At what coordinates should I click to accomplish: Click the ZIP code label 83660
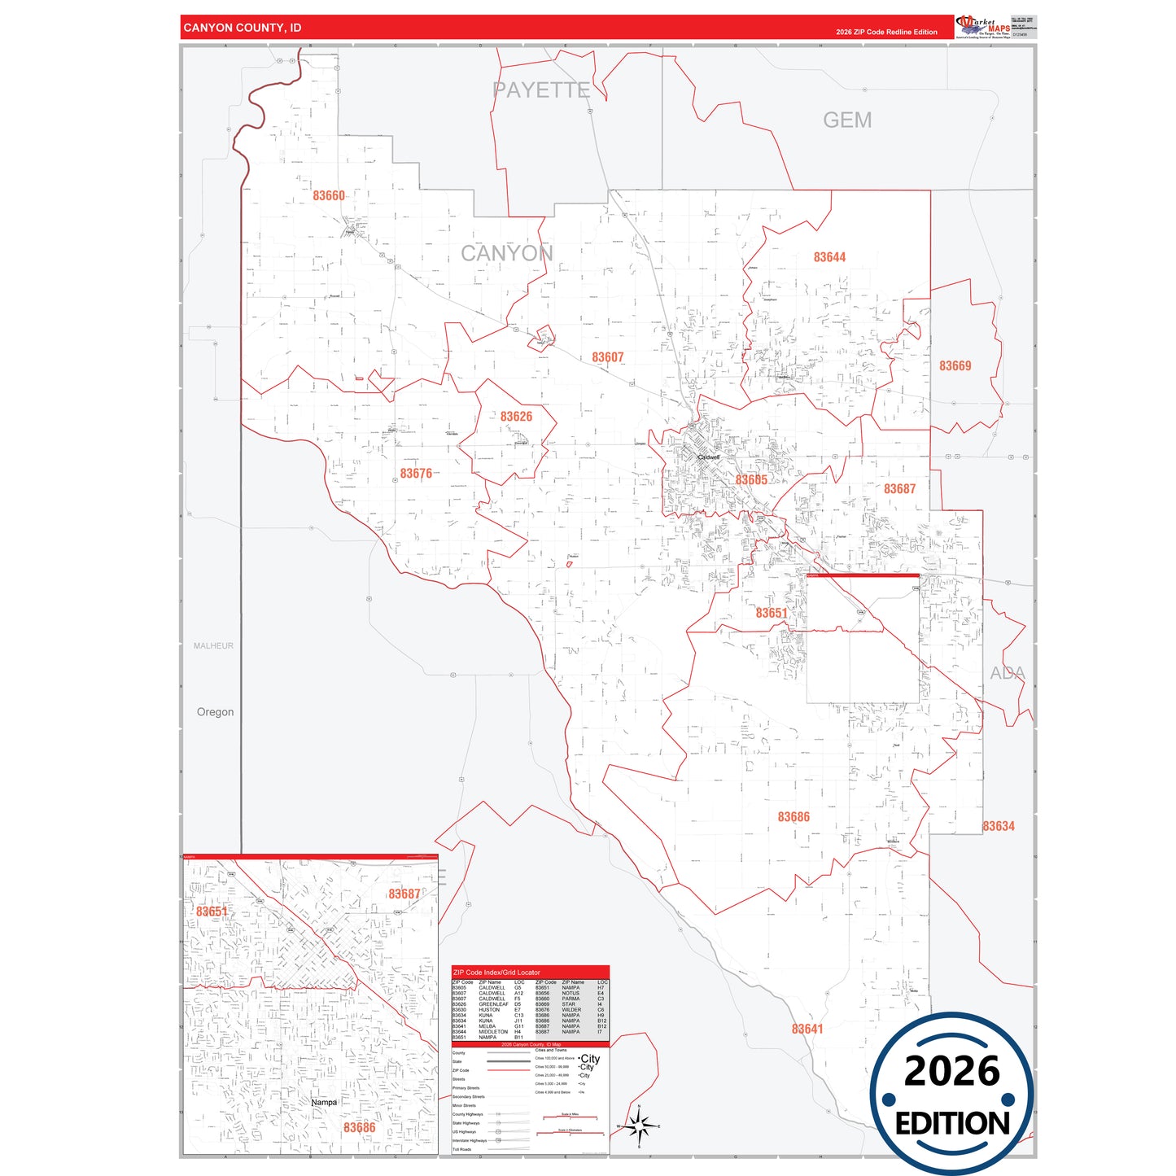[x=329, y=196]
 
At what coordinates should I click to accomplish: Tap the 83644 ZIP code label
[x=829, y=257]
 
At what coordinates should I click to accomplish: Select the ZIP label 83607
[x=607, y=357]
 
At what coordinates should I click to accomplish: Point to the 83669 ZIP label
[x=955, y=366]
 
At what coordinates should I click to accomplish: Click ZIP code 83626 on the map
[x=516, y=417]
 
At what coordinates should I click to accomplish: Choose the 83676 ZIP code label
[x=416, y=474]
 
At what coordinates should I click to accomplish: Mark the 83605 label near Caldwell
[x=751, y=480]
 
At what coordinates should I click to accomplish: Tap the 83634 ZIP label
[x=999, y=826]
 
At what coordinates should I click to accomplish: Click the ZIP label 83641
[x=807, y=1029]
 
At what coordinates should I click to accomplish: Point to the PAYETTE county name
[x=541, y=90]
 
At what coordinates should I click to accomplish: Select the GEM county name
[x=847, y=120]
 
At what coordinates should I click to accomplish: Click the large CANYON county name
[x=506, y=254]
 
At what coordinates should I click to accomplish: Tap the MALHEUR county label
[x=213, y=645]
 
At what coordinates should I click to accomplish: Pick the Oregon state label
[x=215, y=712]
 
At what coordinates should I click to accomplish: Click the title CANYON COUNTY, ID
[x=243, y=28]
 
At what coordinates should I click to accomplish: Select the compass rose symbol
[x=639, y=1126]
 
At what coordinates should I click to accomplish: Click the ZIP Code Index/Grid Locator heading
[x=496, y=973]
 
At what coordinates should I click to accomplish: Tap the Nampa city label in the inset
[x=324, y=1102]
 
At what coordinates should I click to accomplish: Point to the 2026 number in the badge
[x=951, y=1071]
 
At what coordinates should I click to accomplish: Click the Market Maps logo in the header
[x=983, y=26]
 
